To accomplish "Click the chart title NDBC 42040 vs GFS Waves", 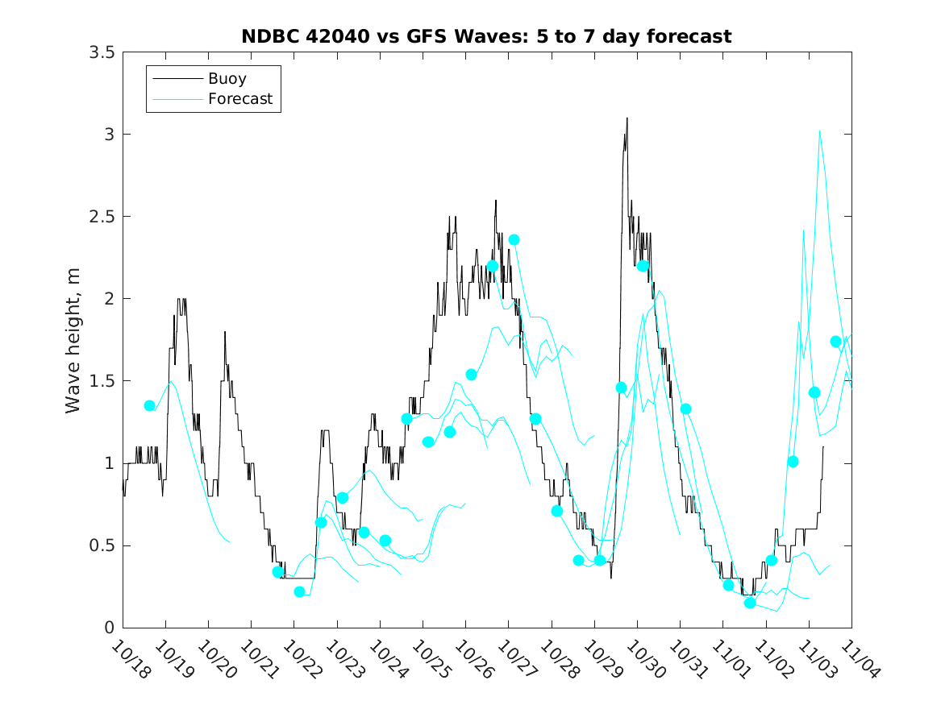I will point(486,36).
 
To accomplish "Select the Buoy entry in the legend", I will point(227,79).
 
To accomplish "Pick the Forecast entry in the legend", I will point(239,99).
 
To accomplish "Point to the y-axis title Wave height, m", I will point(73,339).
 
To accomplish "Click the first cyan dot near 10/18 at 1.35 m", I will point(149,405).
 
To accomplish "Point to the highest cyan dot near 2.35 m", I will point(514,240).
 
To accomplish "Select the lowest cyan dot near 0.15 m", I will point(750,603).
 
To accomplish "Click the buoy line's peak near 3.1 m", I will point(627,118).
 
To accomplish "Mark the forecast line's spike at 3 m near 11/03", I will point(820,131).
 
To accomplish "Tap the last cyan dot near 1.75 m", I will point(835,342).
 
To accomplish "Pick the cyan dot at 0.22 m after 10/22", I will point(300,591).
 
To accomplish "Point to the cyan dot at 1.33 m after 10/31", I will point(685,408).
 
